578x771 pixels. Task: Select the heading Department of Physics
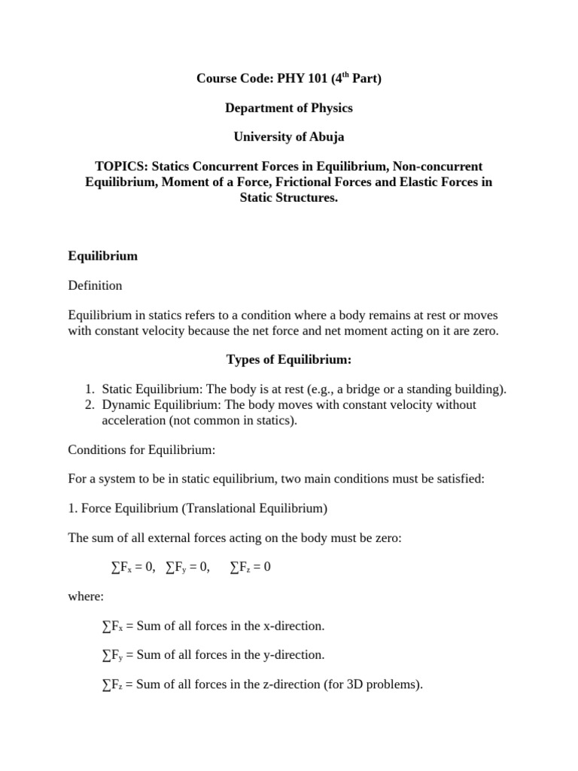[289, 108]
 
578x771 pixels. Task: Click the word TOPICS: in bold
[121, 166]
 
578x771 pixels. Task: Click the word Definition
[95, 285]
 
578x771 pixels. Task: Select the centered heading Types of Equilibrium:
[289, 359]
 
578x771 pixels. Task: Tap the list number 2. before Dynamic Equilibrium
[89, 405]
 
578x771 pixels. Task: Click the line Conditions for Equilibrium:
[141, 449]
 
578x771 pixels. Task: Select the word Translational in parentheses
[218, 508]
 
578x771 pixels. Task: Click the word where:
[86, 596]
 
